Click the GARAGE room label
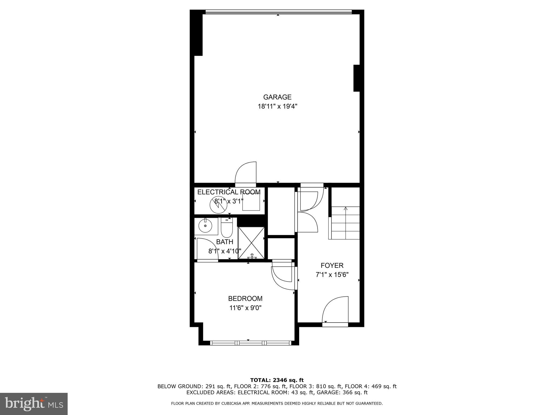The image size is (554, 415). (x=277, y=97)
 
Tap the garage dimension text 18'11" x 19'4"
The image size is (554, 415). (x=277, y=106)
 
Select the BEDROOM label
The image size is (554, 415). (x=245, y=299)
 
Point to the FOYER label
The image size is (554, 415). (x=332, y=265)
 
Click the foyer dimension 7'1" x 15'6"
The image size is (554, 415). (x=332, y=275)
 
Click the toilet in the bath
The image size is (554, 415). (x=227, y=229)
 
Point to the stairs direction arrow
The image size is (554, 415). (x=345, y=209)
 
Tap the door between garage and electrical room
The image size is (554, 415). (x=245, y=173)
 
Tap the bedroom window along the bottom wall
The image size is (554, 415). (x=250, y=343)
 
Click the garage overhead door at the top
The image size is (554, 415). (x=278, y=12)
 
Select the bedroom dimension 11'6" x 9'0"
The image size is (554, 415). (x=245, y=308)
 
